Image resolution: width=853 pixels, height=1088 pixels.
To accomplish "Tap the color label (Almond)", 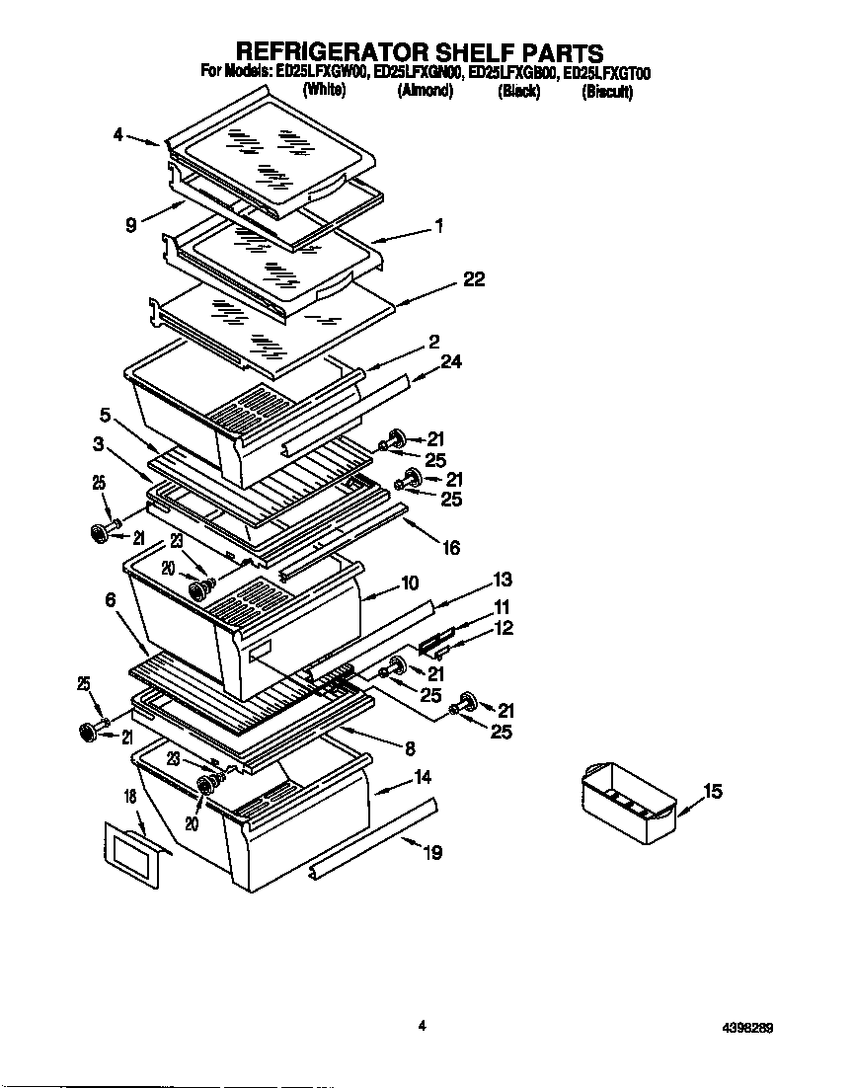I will point(425,91).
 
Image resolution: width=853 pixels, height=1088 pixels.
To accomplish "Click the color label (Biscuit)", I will point(607,92).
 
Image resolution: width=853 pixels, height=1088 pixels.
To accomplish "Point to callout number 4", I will point(118,135).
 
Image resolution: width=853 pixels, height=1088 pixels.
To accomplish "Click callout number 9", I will point(130,225).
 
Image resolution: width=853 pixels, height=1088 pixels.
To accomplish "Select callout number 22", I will point(474,279).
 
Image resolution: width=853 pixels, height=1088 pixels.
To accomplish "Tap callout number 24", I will point(451,362).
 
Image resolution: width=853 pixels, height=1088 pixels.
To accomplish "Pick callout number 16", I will point(450,548).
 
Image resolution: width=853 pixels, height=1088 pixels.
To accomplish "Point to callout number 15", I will point(713,791).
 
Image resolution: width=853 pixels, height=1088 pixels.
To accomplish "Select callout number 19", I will point(432,853).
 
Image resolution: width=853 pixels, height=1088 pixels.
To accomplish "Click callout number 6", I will point(110,599).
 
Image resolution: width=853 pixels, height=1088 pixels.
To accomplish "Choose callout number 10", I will point(410,583).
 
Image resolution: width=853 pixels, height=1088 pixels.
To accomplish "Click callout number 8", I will point(409,749).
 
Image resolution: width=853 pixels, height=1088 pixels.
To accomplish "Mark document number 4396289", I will point(746,1027).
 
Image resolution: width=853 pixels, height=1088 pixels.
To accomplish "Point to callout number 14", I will point(423,777).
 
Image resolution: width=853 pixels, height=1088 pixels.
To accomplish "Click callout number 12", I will point(504,628).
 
